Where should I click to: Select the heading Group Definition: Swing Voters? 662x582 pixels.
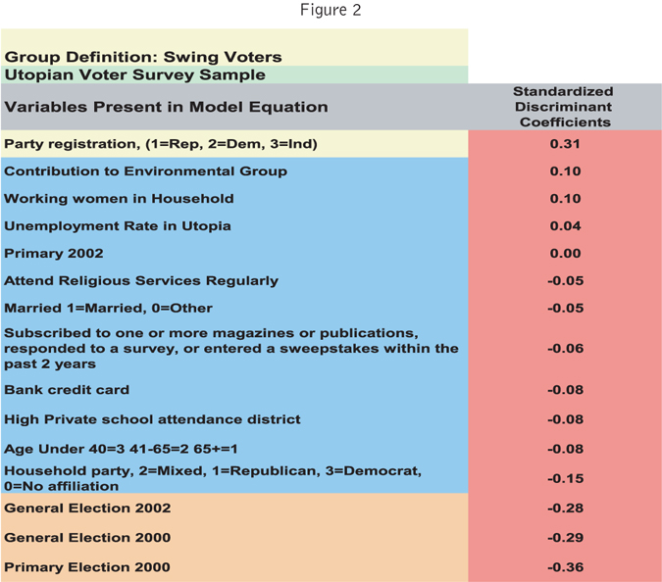pos(143,57)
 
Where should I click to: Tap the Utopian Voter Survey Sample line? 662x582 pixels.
pos(134,73)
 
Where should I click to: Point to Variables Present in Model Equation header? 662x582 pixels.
pos(166,107)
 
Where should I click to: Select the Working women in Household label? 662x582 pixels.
pos(119,198)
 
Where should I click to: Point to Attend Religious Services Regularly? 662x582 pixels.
pos(141,280)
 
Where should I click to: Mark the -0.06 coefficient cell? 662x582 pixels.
pos(564,348)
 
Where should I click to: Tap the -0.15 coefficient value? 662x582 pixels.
pos(564,478)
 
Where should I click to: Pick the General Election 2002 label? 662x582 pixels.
pos(87,508)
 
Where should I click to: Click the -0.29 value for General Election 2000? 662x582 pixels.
pos(564,538)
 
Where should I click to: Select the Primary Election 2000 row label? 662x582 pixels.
pos(87,566)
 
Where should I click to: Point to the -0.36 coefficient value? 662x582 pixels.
pos(564,566)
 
